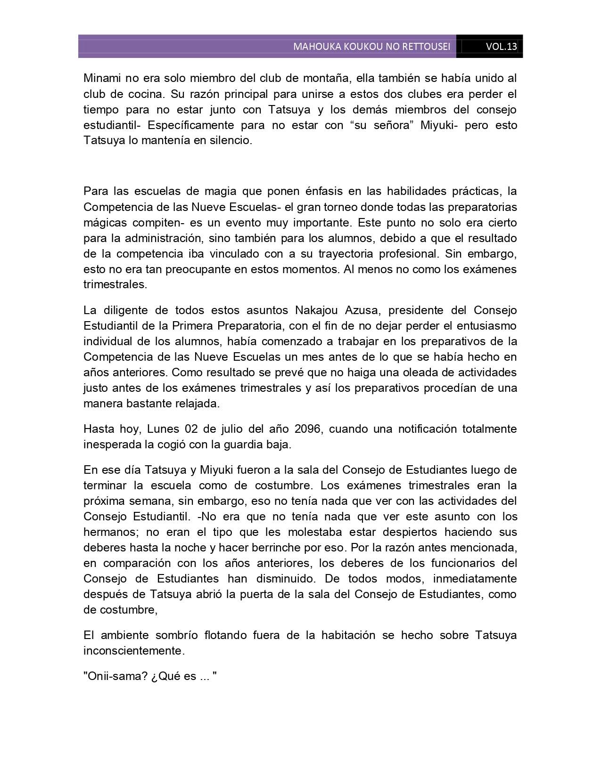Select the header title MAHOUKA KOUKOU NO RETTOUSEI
(x=371, y=47)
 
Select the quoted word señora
(x=387, y=125)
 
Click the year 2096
(x=308, y=429)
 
